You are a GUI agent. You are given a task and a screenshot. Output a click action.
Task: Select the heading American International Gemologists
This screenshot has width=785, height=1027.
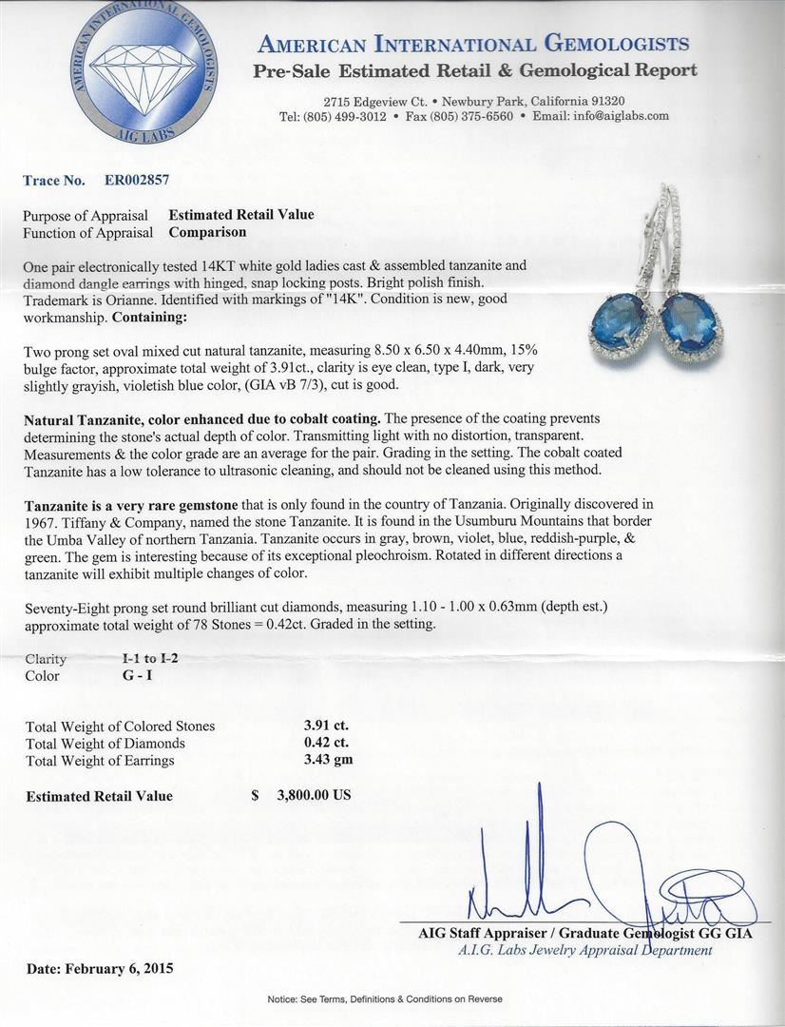(x=473, y=44)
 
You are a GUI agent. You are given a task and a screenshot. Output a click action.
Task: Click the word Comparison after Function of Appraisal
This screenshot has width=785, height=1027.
(x=207, y=232)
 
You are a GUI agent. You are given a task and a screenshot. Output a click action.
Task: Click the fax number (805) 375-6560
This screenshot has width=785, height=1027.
(x=472, y=116)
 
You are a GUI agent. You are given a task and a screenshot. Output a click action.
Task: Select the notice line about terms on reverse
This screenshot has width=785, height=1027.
(x=385, y=999)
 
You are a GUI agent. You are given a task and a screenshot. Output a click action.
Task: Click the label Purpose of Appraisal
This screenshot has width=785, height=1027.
(x=86, y=216)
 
